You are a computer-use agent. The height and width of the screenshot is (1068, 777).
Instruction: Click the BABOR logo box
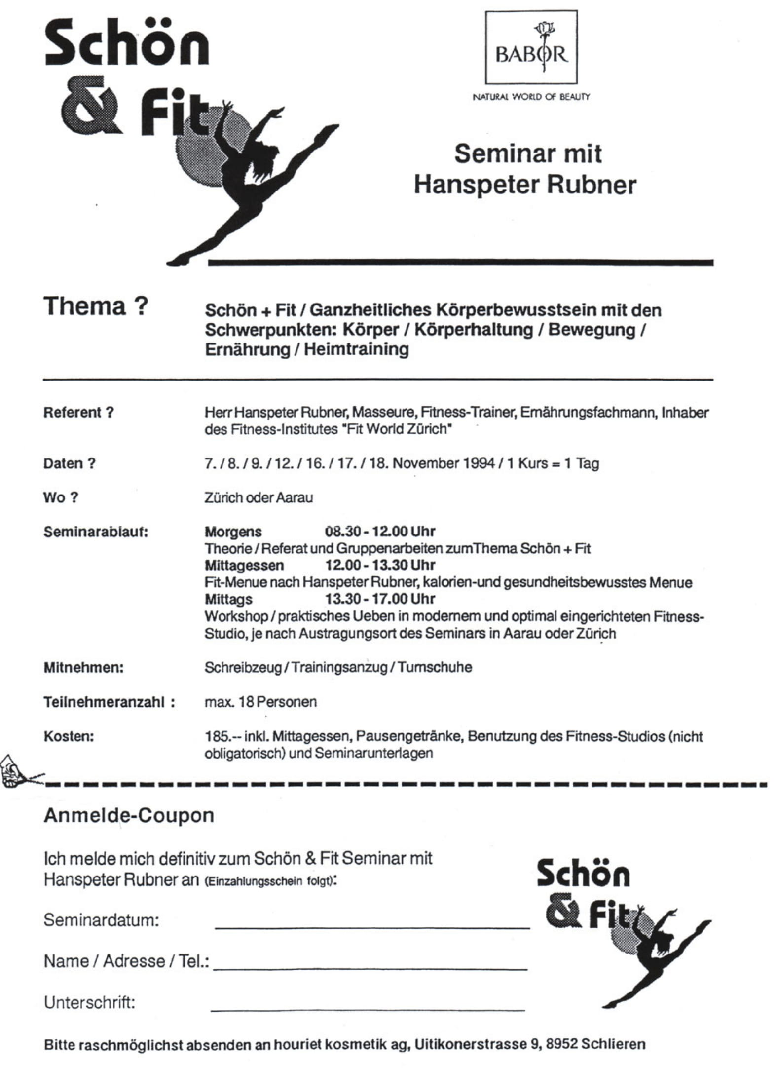(531, 47)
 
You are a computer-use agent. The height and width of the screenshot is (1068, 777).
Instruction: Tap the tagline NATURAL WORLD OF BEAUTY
(531, 97)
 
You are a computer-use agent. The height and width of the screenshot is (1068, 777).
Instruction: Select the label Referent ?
(78, 412)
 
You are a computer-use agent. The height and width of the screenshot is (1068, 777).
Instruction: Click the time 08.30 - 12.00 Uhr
(379, 532)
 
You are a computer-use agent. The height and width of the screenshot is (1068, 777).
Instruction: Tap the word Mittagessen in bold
(244, 565)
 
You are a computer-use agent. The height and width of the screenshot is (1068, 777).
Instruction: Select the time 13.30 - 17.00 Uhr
(379, 599)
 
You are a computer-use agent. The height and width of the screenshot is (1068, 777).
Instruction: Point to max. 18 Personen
(260, 702)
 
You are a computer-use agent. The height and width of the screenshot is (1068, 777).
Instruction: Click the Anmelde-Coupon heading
(129, 815)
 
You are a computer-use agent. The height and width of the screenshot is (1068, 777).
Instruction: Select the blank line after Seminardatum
(372, 926)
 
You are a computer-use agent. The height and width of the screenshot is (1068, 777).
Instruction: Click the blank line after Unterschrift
(368, 1009)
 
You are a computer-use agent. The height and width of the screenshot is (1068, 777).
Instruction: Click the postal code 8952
(561, 1044)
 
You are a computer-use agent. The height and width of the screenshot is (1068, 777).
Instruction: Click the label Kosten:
(69, 736)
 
